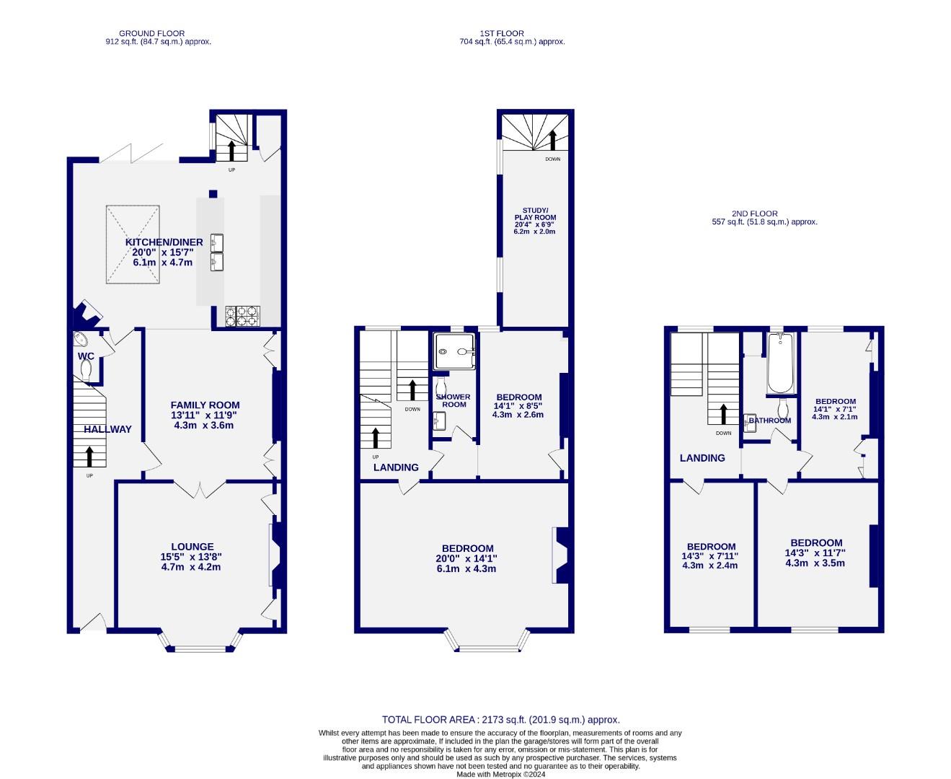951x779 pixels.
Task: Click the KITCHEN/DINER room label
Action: [x=164, y=242]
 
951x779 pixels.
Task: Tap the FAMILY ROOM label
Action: [x=205, y=405]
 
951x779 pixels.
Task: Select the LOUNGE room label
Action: [x=192, y=547]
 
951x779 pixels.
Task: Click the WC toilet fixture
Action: [x=87, y=369]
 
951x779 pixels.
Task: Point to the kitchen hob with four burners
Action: [x=242, y=316]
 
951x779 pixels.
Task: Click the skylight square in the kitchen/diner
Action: [x=133, y=245]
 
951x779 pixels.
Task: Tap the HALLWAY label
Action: [x=107, y=429]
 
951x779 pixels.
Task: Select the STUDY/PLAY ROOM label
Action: [x=535, y=214]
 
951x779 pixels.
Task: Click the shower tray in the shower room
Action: [x=455, y=351]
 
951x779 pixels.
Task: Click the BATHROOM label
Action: [x=769, y=421]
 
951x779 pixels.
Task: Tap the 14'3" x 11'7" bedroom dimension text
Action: [x=815, y=553]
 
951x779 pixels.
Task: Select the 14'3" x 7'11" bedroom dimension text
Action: [x=710, y=556]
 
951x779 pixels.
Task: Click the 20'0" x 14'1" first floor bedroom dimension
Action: [x=465, y=558]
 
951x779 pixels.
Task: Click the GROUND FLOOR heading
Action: [x=151, y=33]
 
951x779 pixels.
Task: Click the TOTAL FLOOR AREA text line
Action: [x=500, y=719]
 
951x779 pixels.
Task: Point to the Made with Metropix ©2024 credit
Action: [x=500, y=774]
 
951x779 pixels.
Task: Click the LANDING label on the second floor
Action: [x=702, y=458]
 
